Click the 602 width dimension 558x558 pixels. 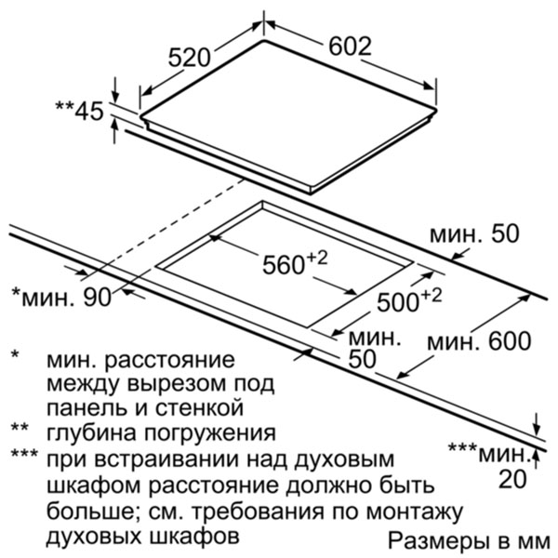click(350, 46)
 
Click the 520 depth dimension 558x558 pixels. click(190, 58)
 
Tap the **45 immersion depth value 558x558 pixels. click(79, 111)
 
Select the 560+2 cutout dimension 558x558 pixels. click(295, 263)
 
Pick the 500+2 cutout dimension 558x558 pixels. click(409, 300)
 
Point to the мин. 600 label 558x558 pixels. click(479, 341)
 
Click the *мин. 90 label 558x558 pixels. click(61, 297)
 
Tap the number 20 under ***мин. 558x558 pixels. click(512, 479)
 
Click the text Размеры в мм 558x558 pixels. click(469, 541)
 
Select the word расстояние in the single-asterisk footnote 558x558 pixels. click(169, 361)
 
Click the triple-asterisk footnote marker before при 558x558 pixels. click(24, 453)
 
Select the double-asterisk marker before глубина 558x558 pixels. click(20, 427)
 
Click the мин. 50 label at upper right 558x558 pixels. click(474, 234)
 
